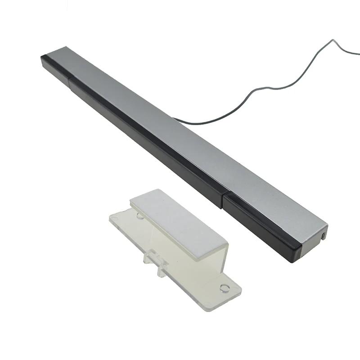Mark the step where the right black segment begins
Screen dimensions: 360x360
[223, 200]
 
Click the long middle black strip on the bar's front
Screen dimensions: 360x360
[144, 139]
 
